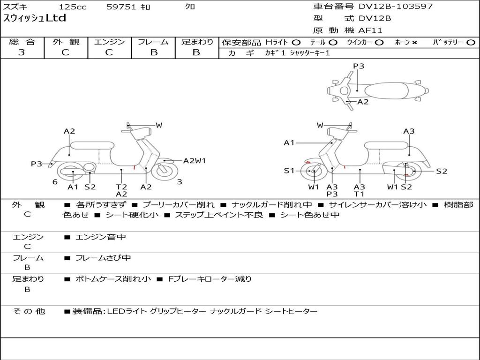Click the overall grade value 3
[x=22, y=52]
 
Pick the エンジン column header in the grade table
[x=109, y=42]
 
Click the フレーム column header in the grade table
[x=153, y=42]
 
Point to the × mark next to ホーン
[x=414, y=43]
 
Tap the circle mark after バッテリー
[x=471, y=43]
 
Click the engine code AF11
[x=370, y=30]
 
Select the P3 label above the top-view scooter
[x=359, y=66]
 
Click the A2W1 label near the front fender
[x=195, y=161]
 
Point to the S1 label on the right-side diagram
[x=289, y=171]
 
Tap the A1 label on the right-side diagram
[x=289, y=143]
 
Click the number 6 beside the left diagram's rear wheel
[x=55, y=182]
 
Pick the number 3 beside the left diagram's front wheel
[x=180, y=182]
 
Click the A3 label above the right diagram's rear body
[x=409, y=131]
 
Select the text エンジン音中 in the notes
[x=101, y=237]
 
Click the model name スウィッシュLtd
[x=35, y=19]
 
